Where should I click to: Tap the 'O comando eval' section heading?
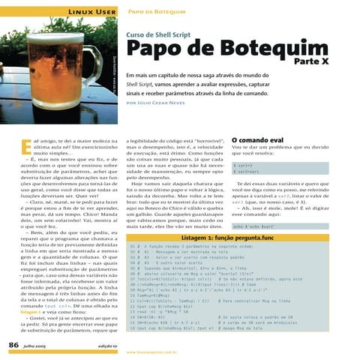click(257, 139)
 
